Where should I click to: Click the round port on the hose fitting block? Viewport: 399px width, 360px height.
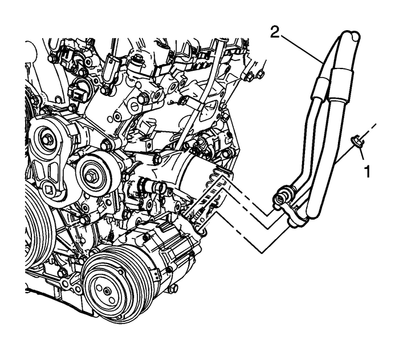[x=280, y=199]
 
